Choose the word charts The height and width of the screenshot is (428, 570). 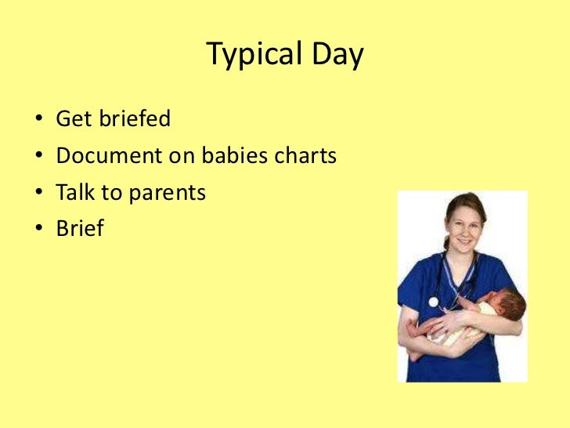pyautogui.click(x=305, y=156)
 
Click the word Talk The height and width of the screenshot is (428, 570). pyautogui.click(x=74, y=192)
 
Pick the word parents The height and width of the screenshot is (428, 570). pyautogui.click(x=167, y=194)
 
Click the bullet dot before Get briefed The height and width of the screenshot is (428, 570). pyautogui.click(x=39, y=121)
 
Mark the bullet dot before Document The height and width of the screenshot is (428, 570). pyautogui.click(x=39, y=157)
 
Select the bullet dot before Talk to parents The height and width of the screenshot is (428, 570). pyautogui.click(x=39, y=193)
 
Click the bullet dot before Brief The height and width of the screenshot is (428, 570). pyautogui.click(x=39, y=229)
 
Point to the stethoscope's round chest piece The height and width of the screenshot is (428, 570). pyautogui.click(x=433, y=301)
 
